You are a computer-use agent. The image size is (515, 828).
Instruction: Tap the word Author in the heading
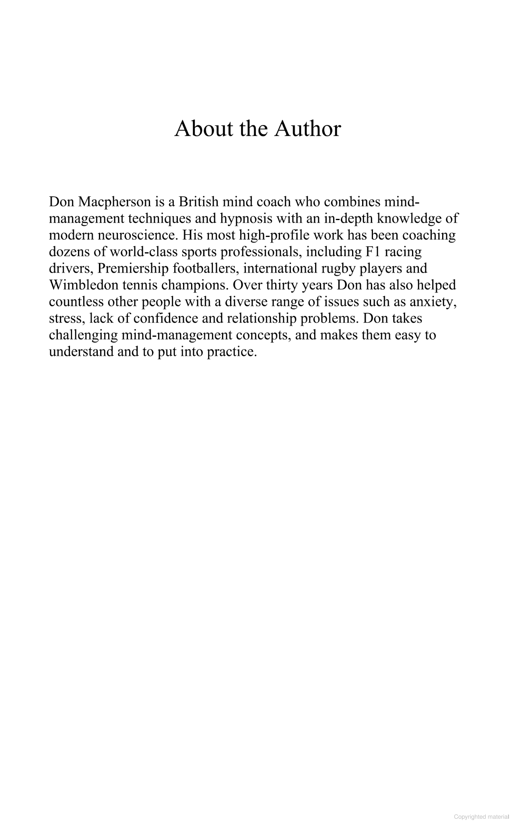pos(308,129)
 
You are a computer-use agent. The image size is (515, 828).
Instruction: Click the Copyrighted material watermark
pos(481,817)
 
